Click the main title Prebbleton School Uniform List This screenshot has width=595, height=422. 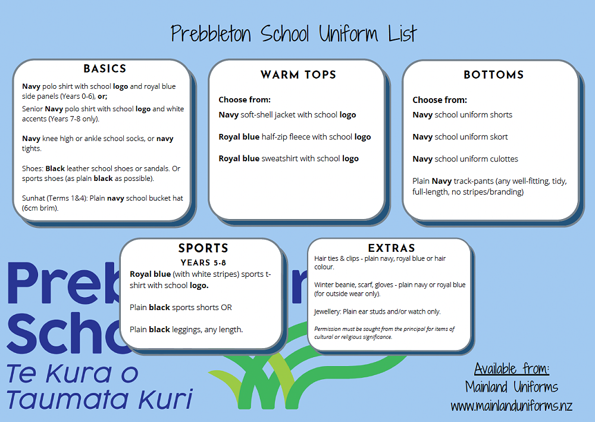pos(294,33)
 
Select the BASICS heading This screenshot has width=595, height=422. pos(105,69)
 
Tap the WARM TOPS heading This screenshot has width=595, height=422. pos(298,75)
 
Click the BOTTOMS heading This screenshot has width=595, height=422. pos(493,75)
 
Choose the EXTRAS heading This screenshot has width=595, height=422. pos(392,248)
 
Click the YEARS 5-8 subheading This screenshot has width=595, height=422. pos(203,262)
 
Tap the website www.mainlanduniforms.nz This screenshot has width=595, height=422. pos(511,407)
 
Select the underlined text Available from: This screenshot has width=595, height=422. pos(512,367)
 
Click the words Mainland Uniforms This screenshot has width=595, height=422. pos(512,387)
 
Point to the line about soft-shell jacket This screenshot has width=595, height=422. pos(287,115)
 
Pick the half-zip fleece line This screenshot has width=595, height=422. pos(295,137)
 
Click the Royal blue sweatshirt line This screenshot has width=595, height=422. pos(289,159)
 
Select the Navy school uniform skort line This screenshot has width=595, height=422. pos(460,137)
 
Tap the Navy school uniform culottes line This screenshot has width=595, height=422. pos(465,159)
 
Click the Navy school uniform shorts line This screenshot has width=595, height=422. pos(462,115)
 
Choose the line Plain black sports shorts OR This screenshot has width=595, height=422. pos(181,308)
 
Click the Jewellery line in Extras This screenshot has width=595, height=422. pos(377,311)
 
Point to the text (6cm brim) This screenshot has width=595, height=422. pos(40,208)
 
